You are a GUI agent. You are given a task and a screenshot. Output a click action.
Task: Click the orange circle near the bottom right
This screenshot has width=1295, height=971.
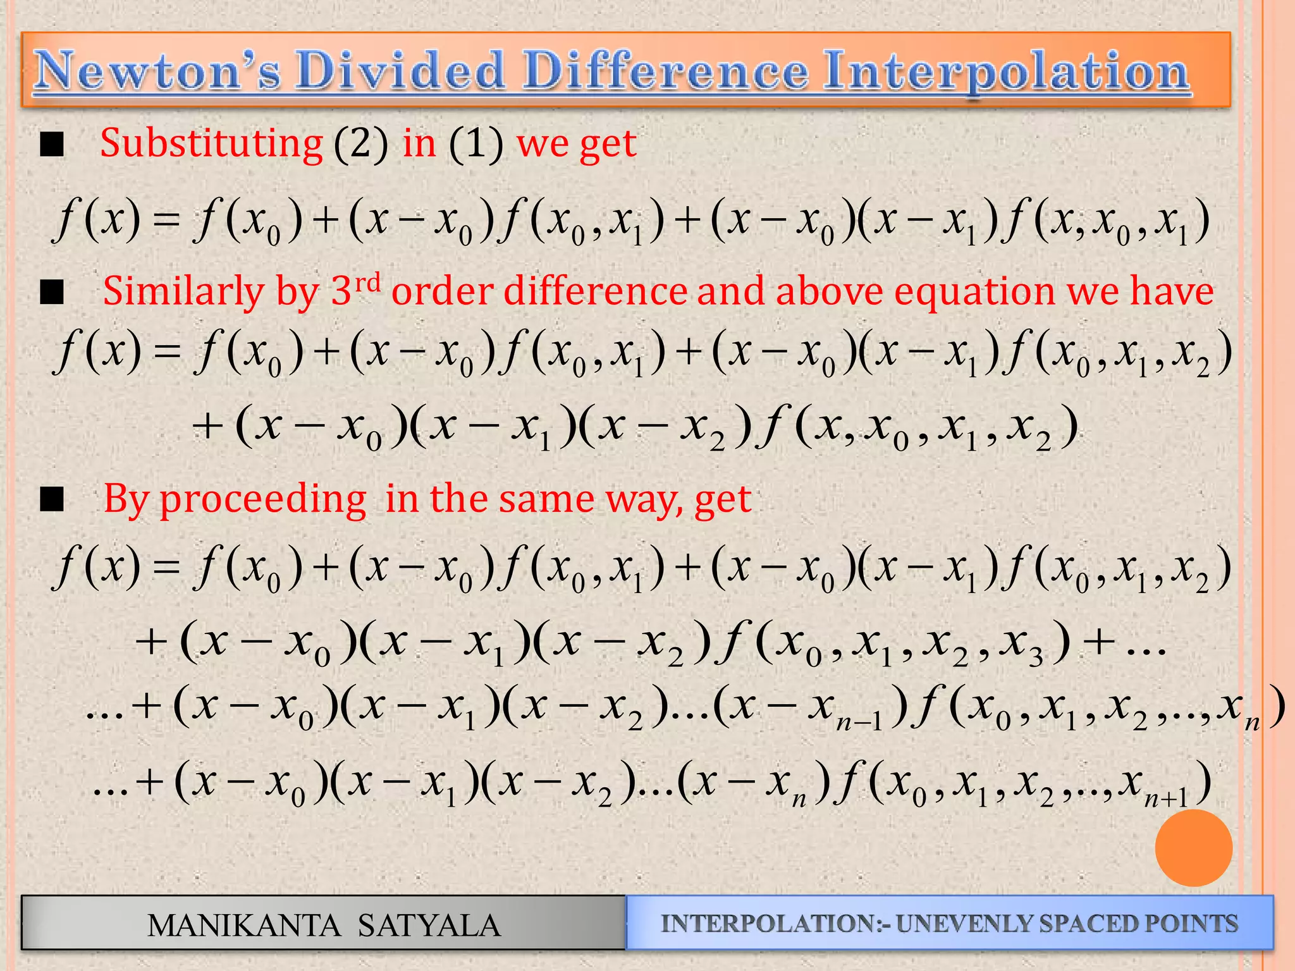coord(1193,848)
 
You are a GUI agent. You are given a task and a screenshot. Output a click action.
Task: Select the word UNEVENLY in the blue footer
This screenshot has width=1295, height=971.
coord(965,924)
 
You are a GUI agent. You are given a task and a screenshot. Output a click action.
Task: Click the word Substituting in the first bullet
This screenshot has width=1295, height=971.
coord(211,144)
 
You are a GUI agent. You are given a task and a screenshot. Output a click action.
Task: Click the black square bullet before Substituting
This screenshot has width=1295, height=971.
coord(52,145)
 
